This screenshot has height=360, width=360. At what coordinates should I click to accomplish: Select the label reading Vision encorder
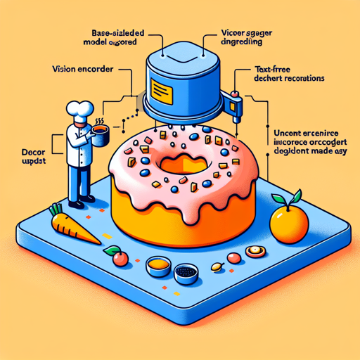tap(84, 70)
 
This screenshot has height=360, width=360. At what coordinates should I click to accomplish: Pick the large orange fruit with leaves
tap(289, 221)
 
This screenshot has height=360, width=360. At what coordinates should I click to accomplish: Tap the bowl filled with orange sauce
tap(158, 266)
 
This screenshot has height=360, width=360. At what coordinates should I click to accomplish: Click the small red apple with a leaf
tap(120, 258)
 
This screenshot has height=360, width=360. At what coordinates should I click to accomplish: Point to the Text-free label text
tap(271, 71)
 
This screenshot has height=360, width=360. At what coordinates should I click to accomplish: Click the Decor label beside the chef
tap(30, 150)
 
